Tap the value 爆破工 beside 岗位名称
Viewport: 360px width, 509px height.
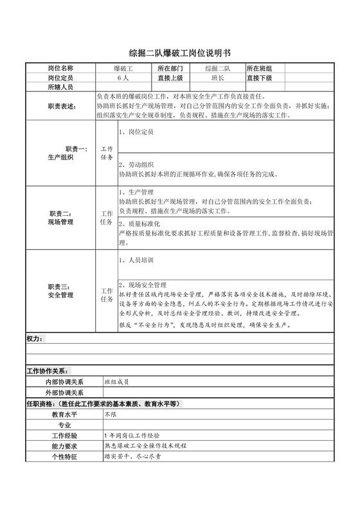click(123, 68)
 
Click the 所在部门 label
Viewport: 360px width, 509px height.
click(170, 68)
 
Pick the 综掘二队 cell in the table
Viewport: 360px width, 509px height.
click(218, 68)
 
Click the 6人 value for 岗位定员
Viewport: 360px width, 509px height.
click(123, 77)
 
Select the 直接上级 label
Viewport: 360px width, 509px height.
click(170, 77)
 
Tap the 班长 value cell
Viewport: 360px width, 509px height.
click(218, 77)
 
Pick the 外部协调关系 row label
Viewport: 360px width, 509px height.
click(64, 392)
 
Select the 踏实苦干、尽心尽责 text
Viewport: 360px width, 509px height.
click(132, 456)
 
